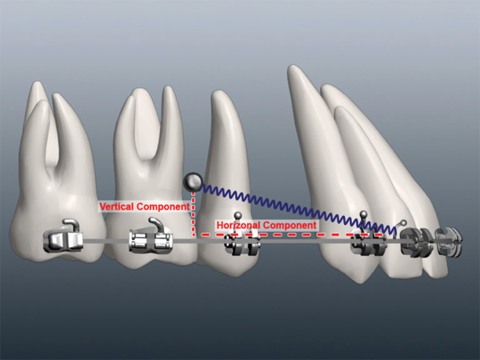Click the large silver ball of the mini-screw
pos(193,182)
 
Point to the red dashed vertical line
pos(193,216)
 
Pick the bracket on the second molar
pos(151,240)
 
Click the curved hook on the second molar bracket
pos(156,223)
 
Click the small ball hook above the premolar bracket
pos(237,216)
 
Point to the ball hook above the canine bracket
pos(363,215)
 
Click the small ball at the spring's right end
pos(404,222)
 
